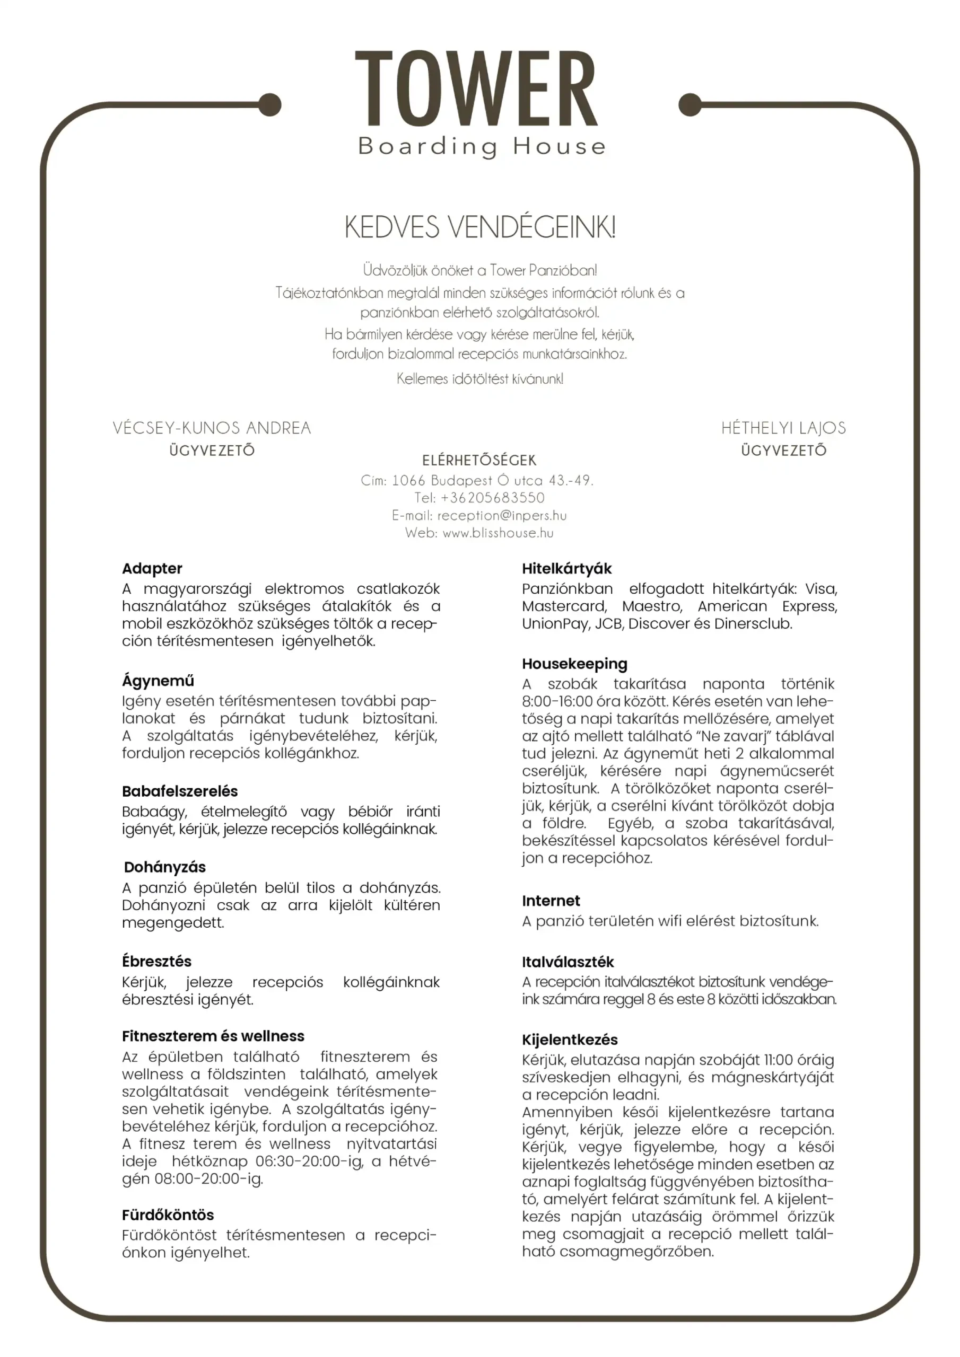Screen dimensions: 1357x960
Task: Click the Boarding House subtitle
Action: [482, 146]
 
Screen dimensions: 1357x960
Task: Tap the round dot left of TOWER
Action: [270, 105]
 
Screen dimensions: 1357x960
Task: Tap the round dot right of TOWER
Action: [690, 104]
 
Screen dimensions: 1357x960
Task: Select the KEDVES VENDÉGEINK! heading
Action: [479, 227]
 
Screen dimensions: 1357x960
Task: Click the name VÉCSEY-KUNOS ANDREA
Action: [212, 428]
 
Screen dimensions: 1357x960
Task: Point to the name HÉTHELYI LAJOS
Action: [783, 428]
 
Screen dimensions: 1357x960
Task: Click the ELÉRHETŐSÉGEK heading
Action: [479, 461]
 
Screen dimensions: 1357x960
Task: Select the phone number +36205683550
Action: [492, 498]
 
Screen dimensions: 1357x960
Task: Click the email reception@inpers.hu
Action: [502, 515]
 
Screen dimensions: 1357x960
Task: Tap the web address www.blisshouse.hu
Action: [498, 533]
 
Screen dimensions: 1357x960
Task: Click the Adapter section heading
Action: [152, 569]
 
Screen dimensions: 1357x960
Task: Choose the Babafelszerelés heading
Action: [180, 791]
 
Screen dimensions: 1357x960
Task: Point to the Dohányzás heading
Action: [164, 867]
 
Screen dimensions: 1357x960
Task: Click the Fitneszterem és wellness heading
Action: [213, 1036]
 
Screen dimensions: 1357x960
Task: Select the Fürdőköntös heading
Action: [168, 1215]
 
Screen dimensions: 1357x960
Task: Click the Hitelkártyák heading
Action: [566, 569]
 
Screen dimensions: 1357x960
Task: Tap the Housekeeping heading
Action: [574, 664]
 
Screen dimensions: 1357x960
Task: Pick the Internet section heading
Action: [551, 901]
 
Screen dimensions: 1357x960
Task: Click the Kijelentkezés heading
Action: [570, 1039]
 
